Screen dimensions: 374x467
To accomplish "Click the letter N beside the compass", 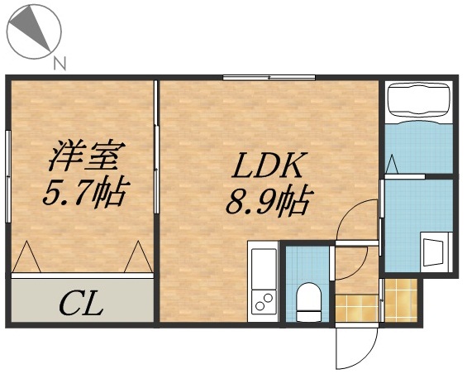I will (59, 62).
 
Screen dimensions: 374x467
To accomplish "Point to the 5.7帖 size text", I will (83, 194).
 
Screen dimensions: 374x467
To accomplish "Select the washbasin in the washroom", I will (433, 251).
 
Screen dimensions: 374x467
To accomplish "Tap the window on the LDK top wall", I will (268, 78).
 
